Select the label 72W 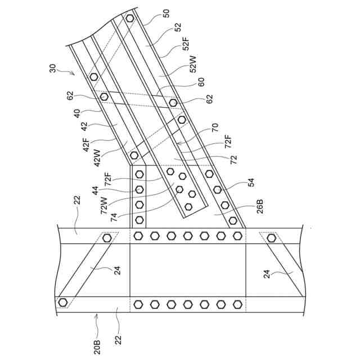coord(104,206)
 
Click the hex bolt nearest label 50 coord(130,19)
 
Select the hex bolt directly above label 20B coord(62,302)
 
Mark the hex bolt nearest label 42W coord(134,155)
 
